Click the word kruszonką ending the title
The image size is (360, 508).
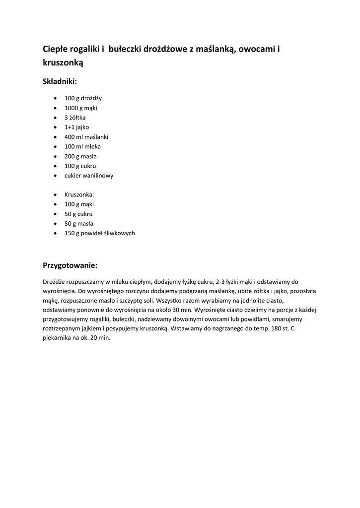coord(63,63)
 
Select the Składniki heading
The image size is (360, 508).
coord(60,81)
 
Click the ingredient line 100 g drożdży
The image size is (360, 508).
coord(83,98)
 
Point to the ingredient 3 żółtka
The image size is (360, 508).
coord(75,118)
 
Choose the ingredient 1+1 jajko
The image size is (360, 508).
coord(77,127)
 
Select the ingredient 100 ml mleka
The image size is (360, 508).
coord(82,146)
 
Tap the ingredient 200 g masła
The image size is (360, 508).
coord(80,156)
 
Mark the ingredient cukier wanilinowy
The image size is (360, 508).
coord(89,175)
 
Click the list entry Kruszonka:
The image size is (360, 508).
coord(79,194)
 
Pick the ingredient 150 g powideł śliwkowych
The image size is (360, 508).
coord(100,233)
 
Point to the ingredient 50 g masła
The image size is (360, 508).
coord(78,224)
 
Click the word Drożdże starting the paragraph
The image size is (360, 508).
coord(54,282)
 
